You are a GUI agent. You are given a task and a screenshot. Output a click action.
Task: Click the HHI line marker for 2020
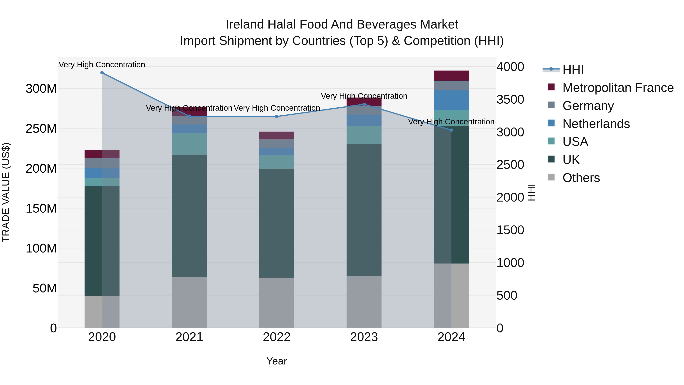click(102, 73)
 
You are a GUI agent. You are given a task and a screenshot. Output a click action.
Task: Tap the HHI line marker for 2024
click(451, 130)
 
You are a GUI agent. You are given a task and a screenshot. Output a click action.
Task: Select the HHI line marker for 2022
click(277, 116)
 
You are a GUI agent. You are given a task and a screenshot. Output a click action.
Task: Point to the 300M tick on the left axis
click(41, 89)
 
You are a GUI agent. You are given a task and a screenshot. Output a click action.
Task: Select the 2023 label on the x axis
click(364, 337)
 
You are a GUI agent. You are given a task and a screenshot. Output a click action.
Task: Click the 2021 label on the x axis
click(189, 337)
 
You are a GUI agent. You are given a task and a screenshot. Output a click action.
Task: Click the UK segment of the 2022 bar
click(277, 223)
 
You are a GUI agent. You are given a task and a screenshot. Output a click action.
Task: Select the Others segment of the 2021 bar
click(189, 302)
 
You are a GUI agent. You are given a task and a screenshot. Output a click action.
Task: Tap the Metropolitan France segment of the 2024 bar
click(451, 76)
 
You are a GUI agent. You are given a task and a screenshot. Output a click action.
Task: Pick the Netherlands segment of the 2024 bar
click(451, 100)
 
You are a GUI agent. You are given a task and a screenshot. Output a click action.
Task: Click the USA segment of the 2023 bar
click(364, 135)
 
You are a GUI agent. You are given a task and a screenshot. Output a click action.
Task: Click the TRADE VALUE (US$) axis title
click(6, 192)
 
